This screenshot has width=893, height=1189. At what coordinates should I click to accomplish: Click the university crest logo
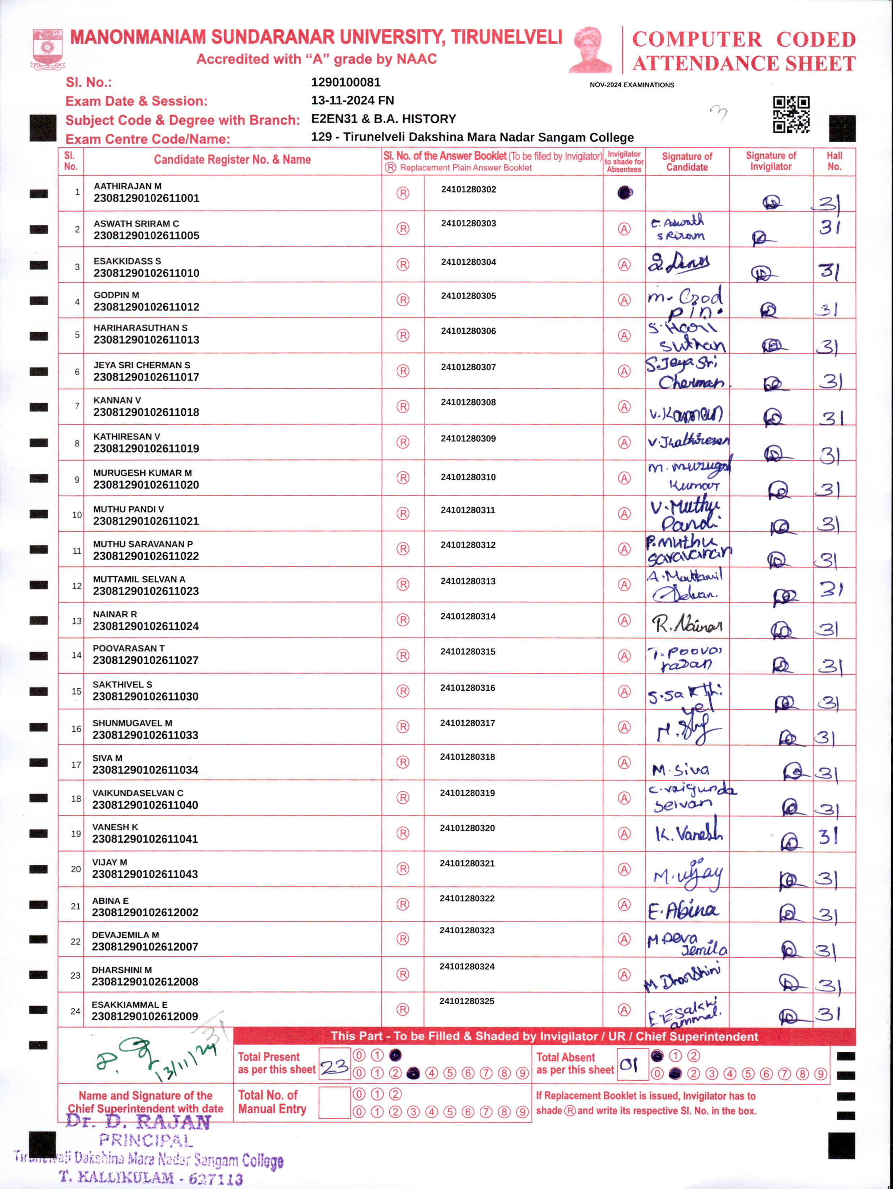[x=47, y=49]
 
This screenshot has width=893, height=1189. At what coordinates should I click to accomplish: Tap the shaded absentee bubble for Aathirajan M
[x=624, y=193]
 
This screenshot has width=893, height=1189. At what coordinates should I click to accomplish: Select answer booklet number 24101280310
[x=468, y=477]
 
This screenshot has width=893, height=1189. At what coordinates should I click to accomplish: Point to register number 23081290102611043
[x=145, y=874]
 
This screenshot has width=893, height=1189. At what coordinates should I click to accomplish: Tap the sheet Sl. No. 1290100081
[x=346, y=82]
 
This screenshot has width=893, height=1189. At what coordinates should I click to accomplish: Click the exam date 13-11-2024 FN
[x=352, y=100]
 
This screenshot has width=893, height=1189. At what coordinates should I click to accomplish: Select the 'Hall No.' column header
[x=834, y=161]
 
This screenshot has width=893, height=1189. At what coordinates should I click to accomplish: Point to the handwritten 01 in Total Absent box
[x=629, y=1065]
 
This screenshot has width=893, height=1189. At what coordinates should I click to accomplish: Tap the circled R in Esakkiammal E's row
[x=403, y=1009]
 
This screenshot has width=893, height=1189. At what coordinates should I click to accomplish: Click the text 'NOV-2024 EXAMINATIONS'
[x=632, y=85]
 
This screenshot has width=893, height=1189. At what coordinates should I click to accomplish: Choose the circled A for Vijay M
[x=624, y=869]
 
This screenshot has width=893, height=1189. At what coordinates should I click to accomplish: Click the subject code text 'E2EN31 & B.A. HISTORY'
[x=383, y=119]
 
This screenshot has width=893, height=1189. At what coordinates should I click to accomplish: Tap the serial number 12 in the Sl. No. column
[x=76, y=586]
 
